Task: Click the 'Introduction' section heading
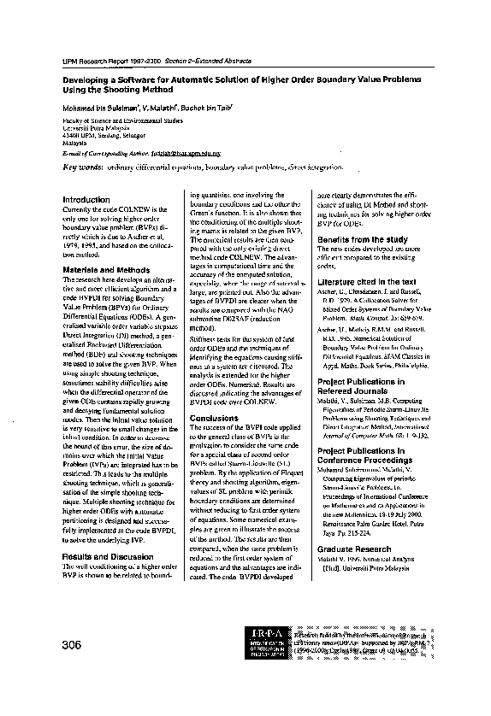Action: (86, 199)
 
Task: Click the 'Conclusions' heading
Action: (213, 418)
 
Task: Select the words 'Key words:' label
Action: (82, 167)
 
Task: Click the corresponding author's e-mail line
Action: (142, 153)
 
